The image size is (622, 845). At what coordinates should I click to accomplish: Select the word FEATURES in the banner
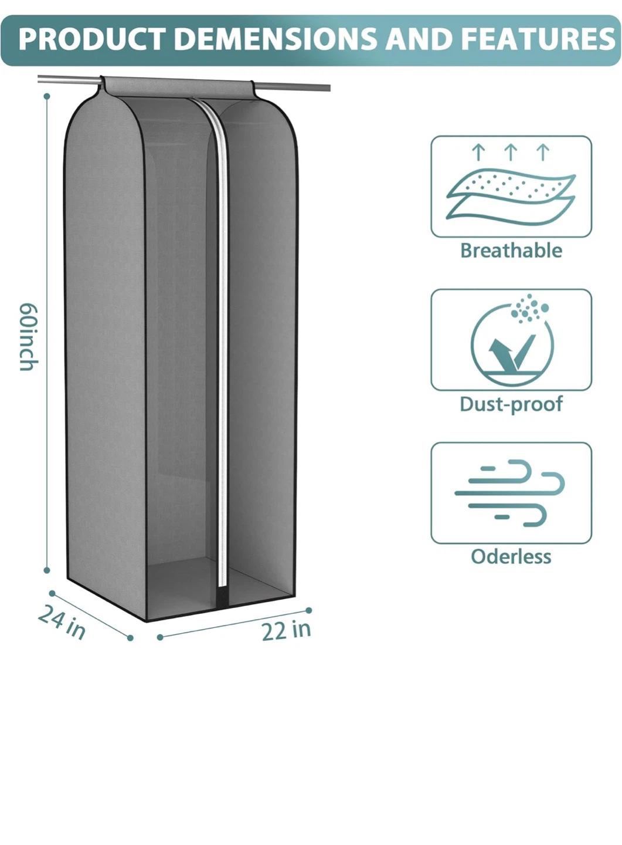click(x=538, y=39)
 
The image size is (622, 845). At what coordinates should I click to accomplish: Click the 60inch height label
click(x=29, y=337)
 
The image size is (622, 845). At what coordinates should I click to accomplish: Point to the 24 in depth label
click(x=62, y=621)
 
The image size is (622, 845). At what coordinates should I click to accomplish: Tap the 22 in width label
click(x=287, y=630)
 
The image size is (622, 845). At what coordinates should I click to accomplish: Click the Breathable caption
click(x=511, y=251)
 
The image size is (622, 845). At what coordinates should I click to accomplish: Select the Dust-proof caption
click(x=511, y=404)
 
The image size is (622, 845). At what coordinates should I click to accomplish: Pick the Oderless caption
click(x=511, y=556)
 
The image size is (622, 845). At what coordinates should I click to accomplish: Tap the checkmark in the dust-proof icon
click(x=512, y=351)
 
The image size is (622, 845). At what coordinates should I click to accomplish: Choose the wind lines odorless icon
click(x=509, y=493)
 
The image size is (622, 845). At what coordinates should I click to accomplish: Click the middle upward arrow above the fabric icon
click(x=511, y=152)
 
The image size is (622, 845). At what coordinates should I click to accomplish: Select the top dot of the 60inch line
click(x=47, y=97)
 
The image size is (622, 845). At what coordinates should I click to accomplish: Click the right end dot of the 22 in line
click(x=309, y=610)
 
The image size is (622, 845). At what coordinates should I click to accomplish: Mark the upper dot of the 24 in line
click(x=52, y=594)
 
